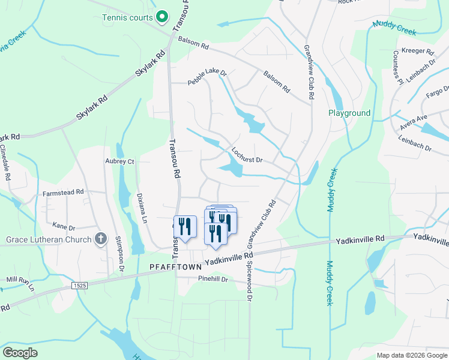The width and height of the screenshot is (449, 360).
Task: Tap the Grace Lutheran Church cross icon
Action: pos(101,239)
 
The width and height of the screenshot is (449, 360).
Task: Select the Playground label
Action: pos(349,113)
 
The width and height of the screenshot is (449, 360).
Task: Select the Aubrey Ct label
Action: pos(119,161)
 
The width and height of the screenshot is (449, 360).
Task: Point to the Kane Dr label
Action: pos(64,227)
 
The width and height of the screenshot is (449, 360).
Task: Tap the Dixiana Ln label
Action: pos(142,208)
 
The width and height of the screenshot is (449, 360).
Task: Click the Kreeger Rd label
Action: pos(417,52)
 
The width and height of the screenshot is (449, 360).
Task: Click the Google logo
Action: pos(20,352)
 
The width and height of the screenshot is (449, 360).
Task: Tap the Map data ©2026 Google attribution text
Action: pos(412,355)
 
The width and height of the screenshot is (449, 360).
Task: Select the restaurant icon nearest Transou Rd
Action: pos(185,227)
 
